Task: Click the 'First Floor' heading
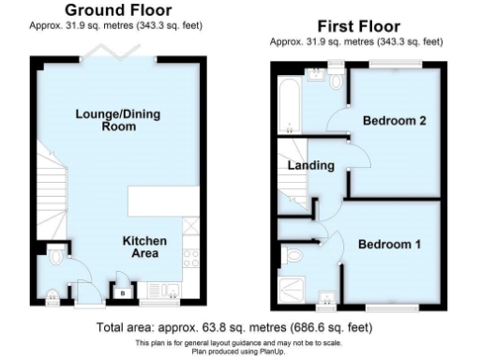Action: pyautogui.click(x=357, y=27)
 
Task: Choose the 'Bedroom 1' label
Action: pyautogui.click(x=389, y=245)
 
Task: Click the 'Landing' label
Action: pyautogui.click(x=310, y=166)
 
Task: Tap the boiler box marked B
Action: pyautogui.click(x=122, y=291)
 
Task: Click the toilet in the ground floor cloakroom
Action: pyautogui.click(x=58, y=254)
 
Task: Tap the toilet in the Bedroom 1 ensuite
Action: pyautogui.click(x=293, y=253)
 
